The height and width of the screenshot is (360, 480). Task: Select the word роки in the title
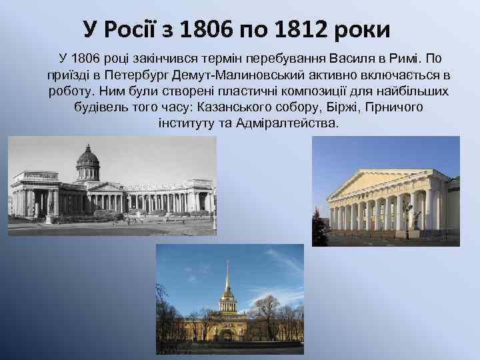(x=360, y=29)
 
